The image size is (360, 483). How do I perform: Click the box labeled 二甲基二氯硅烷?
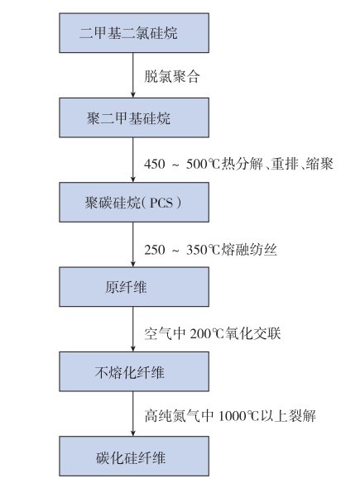134,32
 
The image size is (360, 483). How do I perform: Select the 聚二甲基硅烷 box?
134,117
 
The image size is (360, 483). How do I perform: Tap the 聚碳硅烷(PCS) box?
134,202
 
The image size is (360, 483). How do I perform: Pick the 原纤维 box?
134,287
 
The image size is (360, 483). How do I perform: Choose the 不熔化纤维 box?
134,371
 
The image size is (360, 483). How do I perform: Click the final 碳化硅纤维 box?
134,457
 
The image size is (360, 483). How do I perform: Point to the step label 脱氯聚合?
172,76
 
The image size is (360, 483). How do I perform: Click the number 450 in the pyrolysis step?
155,164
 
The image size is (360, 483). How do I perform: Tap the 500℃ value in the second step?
204,164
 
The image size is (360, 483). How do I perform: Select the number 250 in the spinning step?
155,250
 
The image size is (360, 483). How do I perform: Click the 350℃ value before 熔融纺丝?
204,250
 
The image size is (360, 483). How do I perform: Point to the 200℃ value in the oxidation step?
207,333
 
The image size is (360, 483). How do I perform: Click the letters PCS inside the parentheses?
161,203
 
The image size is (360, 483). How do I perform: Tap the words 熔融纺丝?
249,250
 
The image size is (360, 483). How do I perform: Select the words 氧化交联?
252,333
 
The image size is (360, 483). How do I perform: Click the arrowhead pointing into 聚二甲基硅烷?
133,94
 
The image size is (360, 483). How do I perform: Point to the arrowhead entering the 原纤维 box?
133,264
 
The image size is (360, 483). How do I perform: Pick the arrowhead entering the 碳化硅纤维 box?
133,433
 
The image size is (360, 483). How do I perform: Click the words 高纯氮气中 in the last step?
179,416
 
